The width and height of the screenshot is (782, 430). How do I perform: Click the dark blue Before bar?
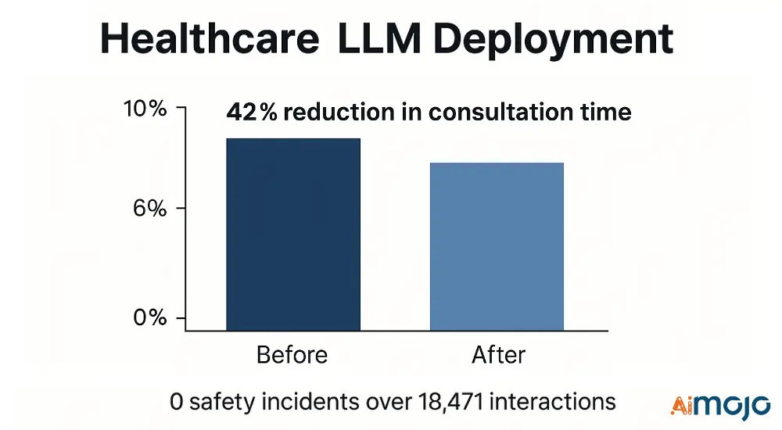pyautogui.click(x=293, y=234)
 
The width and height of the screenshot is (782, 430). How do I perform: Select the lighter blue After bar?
pyautogui.click(x=496, y=245)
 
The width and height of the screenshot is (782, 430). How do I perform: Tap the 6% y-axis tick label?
pyautogui.click(x=150, y=209)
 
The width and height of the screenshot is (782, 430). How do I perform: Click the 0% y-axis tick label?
pyautogui.click(x=150, y=318)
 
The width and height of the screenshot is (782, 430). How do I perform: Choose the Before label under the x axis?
pyautogui.click(x=292, y=355)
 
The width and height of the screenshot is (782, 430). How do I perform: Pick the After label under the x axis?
pyautogui.click(x=498, y=355)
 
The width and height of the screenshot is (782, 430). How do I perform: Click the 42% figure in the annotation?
pyautogui.click(x=251, y=112)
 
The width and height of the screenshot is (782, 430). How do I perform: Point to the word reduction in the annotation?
pyautogui.click(x=330, y=112)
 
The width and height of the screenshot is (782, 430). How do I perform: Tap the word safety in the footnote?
pyautogui.click(x=217, y=402)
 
